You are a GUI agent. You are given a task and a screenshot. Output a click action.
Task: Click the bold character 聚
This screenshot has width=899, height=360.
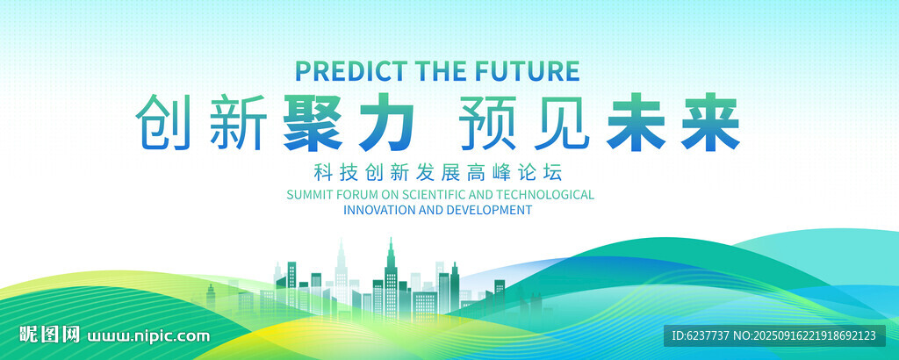(313, 123)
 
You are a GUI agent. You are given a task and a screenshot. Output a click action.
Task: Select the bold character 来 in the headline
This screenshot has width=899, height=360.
(709, 123)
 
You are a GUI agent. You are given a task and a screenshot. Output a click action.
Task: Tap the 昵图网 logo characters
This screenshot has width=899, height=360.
(49, 335)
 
